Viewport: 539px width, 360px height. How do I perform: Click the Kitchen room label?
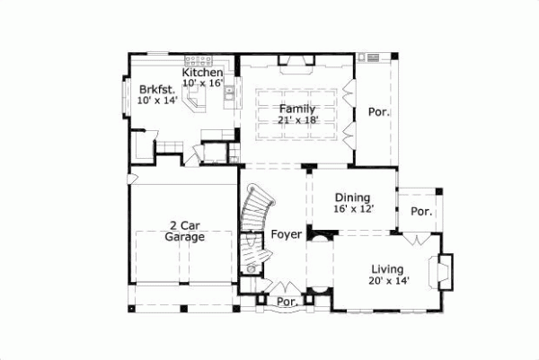pos(203,72)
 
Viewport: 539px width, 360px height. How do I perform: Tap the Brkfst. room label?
pos(157,89)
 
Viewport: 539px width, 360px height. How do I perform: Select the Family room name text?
pos(296,109)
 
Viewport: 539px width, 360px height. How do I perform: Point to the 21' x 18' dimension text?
pos(296,120)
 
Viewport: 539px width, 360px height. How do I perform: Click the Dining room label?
pos(353,198)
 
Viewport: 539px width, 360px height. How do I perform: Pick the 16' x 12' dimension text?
pos(353,209)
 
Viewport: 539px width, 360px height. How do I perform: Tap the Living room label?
pos(387,269)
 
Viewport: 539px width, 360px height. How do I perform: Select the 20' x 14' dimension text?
pos(387,281)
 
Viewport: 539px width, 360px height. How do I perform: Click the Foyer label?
pos(287,235)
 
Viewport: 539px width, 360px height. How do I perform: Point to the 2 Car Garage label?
pos(185,232)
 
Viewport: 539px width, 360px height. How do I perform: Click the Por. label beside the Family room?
pos(377,113)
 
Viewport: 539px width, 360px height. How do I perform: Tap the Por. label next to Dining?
pos(421,213)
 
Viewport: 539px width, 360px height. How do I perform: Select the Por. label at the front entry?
pos(287,302)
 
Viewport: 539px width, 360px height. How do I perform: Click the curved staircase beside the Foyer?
pos(253,220)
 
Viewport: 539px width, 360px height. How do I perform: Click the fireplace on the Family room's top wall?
pos(296,61)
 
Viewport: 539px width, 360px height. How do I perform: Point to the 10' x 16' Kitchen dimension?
pos(203,83)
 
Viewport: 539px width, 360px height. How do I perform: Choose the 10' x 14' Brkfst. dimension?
pos(157,101)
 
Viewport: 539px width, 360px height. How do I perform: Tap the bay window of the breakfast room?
pos(125,94)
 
